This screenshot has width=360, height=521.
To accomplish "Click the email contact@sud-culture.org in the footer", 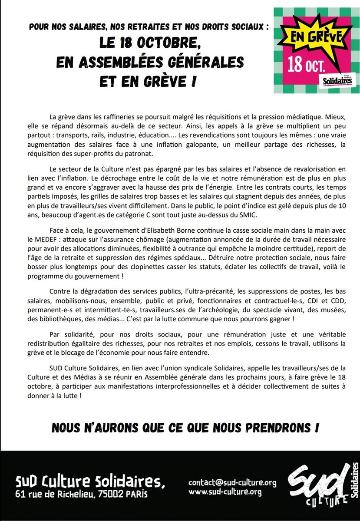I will (232, 483).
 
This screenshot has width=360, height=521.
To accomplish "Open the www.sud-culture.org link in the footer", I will (225, 492).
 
